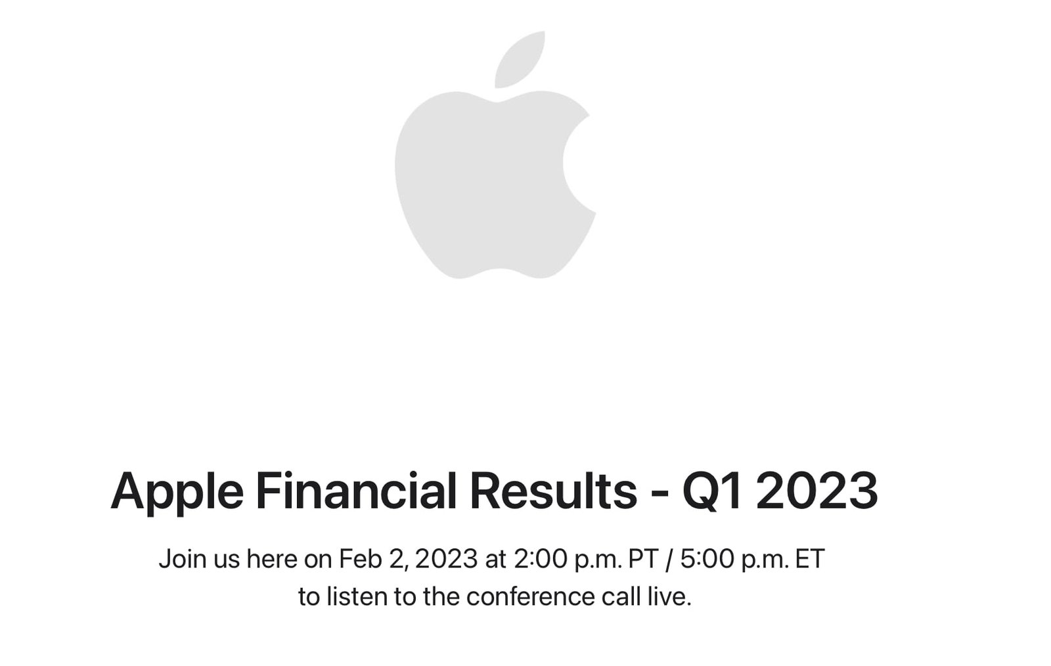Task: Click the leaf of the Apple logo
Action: pos(520,60)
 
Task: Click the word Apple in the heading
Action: pos(177,491)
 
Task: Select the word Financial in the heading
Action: pos(355,491)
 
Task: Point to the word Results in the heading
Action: pos(553,491)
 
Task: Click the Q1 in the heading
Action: pos(713,491)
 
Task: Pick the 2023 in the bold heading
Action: pos(816,491)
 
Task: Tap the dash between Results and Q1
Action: pos(660,493)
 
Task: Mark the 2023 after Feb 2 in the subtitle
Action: pos(446,559)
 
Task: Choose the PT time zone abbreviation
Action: pos(643,559)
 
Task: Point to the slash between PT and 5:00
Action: pos(669,559)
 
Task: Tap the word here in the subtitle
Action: pos(272,559)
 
